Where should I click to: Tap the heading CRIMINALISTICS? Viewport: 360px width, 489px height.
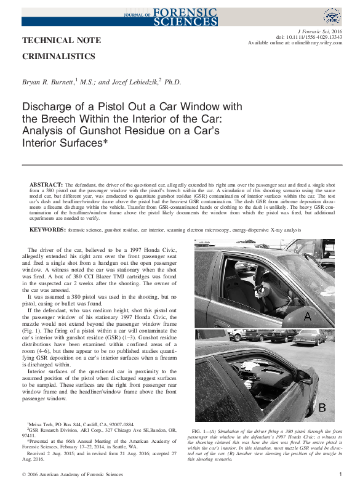[58, 57]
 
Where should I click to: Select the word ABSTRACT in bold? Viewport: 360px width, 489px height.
[46, 185]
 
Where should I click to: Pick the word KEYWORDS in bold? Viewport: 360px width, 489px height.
[48, 229]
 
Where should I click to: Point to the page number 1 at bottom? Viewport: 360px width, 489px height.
[340, 475]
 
